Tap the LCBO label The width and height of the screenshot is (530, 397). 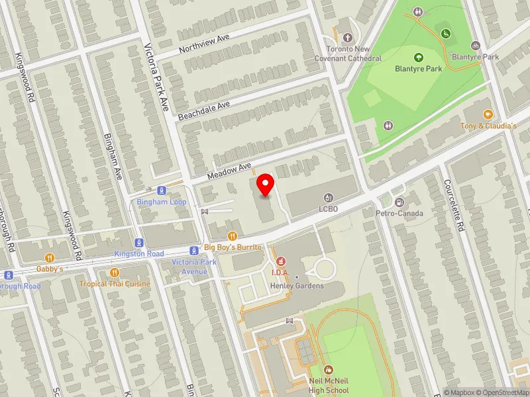point(328,208)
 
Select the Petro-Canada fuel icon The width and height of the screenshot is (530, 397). point(399,202)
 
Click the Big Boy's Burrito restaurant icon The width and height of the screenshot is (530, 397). point(233,236)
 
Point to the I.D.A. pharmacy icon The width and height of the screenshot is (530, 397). point(280,261)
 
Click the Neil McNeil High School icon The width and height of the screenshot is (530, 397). point(328,370)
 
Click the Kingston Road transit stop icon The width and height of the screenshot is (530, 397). point(138,243)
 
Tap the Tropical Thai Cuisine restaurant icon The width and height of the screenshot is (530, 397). point(115,272)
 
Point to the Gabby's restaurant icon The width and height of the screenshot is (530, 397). point(49,258)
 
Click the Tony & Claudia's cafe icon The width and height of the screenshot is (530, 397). point(488,114)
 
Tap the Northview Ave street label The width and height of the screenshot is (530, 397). point(204,45)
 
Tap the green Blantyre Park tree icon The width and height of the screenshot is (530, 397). point(418,57)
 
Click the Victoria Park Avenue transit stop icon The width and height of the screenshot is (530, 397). point(193,251)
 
